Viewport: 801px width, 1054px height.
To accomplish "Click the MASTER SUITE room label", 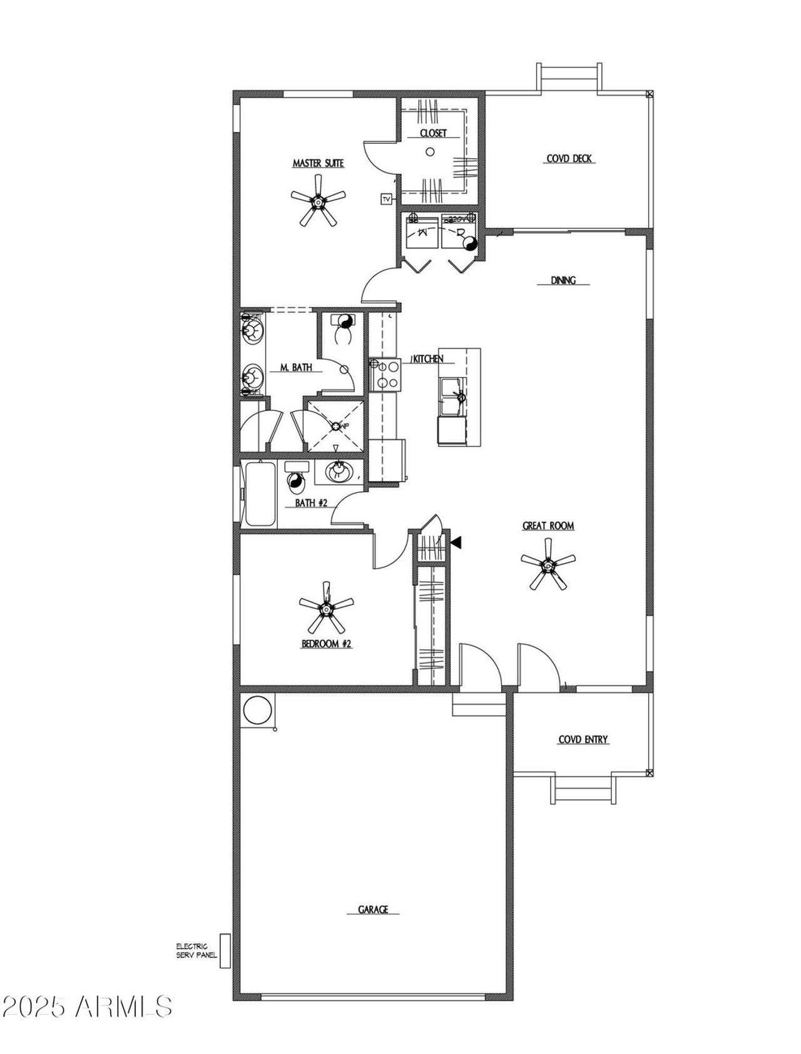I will pos(319,163).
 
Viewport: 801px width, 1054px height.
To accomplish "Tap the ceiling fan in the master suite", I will pos(319,201).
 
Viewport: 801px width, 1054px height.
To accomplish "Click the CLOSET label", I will pos(433,133).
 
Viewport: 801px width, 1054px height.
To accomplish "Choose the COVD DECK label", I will pos(569,159).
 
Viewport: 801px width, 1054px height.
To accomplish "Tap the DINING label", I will pos(563,281).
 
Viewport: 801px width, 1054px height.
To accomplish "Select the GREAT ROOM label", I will pos(548,526).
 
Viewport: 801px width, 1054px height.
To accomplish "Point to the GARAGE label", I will pos(373,910).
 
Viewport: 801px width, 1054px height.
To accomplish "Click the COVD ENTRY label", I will pos(583,740).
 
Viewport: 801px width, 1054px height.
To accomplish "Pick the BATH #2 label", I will pos(311,502).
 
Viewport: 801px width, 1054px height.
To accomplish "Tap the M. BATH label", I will pos(291,368).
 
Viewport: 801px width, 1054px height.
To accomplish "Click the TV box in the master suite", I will pos(386,199).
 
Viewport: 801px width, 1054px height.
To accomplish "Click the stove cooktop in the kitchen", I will pos(384,374).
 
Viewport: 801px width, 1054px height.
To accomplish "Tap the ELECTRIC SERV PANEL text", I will pos(196,951).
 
